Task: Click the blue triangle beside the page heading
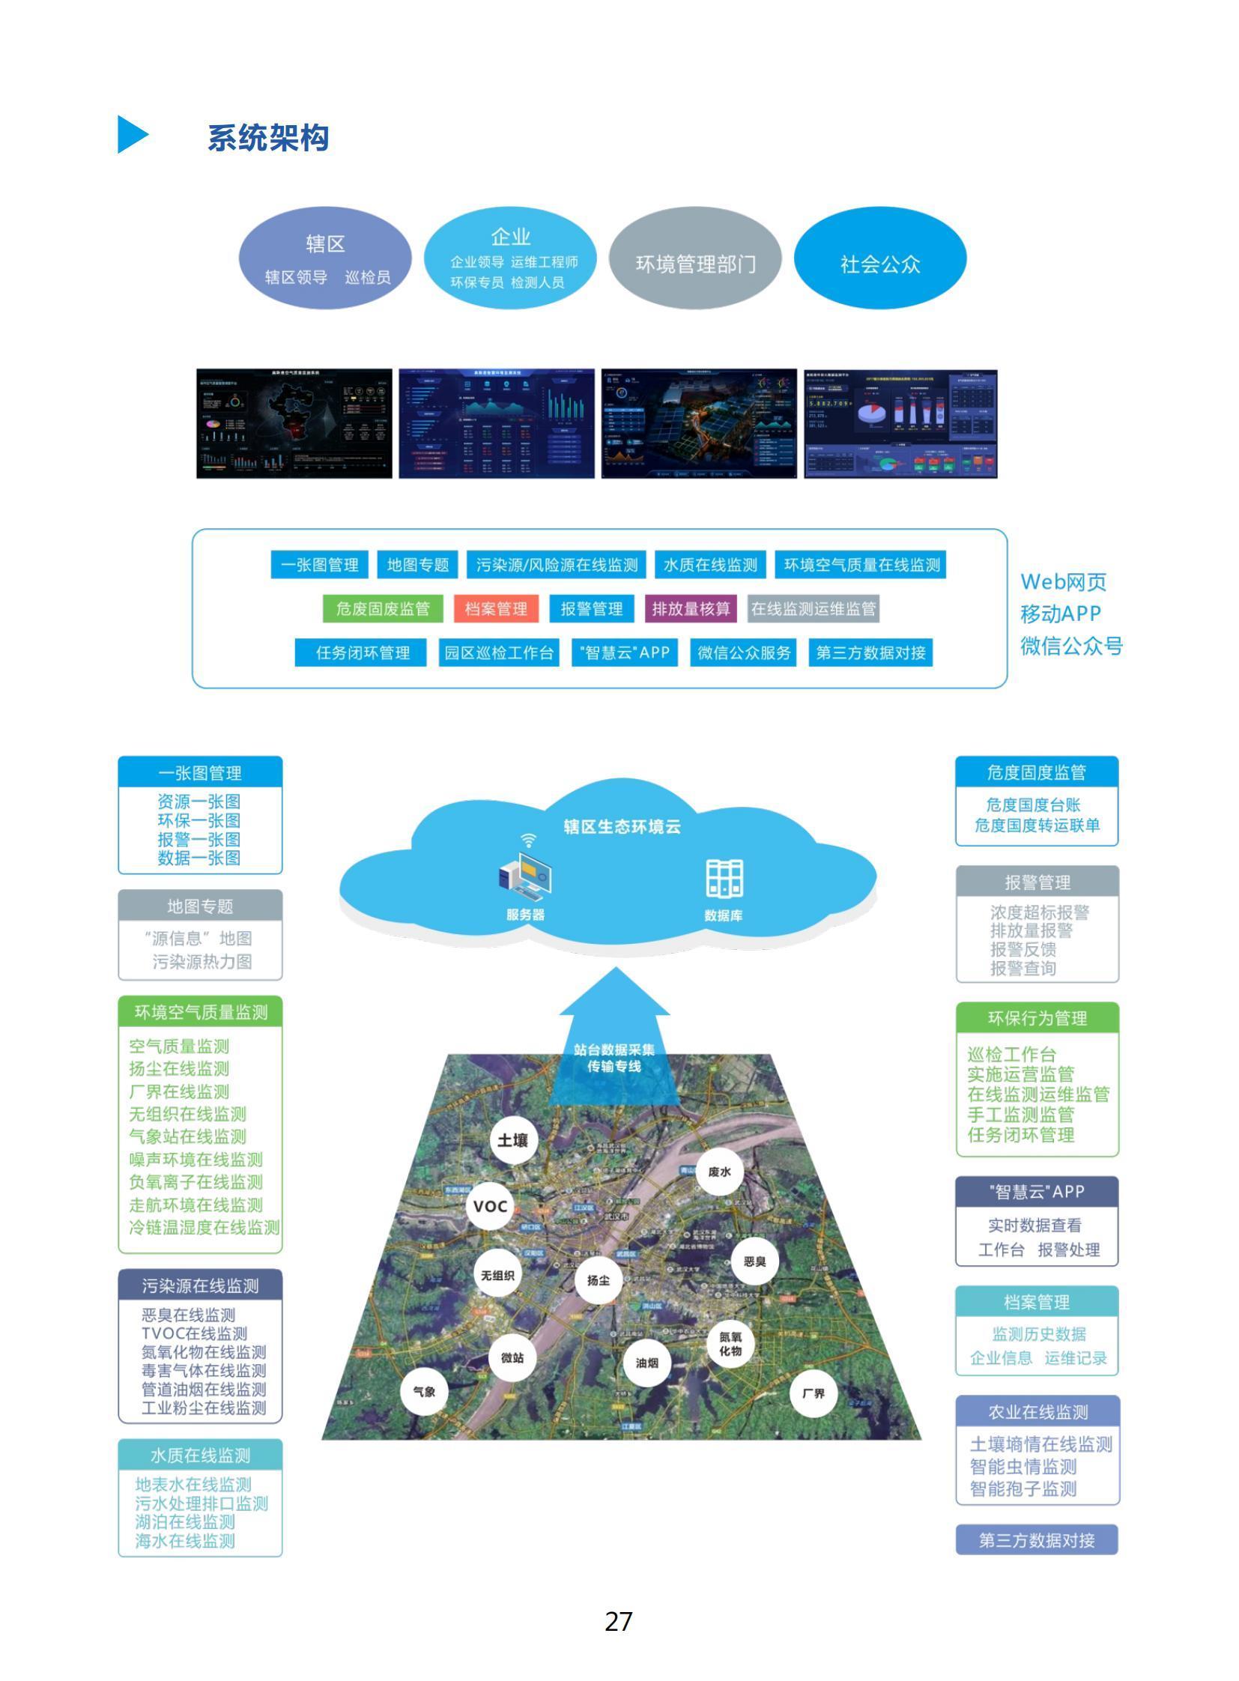[132, 135]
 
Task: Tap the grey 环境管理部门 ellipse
[695, 259]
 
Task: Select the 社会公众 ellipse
[879, 259]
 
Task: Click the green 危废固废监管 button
[383, 608]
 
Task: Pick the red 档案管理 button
[496, 608]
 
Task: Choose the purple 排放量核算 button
[691, 608]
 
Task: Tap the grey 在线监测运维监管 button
[813, 608]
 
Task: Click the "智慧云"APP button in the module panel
[625, 652]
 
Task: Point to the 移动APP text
[1061, 614]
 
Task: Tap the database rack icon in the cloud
[724, 879]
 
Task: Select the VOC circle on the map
[491, 1206]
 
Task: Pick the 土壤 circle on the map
[513, 1140]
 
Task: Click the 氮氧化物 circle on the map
[730, 1344]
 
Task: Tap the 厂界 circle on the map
[813, 1393]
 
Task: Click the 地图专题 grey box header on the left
[200, 906]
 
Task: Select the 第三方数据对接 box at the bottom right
[1037, 1541]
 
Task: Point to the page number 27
[619, 1622]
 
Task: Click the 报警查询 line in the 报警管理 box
[1023, 968]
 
